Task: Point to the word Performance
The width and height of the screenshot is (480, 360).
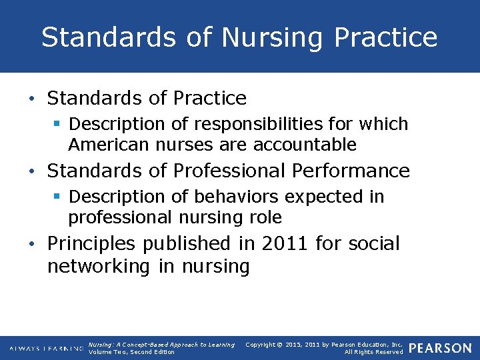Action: click(x=352, y=171)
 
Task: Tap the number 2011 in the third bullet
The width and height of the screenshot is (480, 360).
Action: click(x=285, y=243)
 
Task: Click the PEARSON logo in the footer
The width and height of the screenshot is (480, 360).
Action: click(x=440, y=348)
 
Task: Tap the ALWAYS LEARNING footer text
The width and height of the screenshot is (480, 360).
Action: click(x=45, y=348)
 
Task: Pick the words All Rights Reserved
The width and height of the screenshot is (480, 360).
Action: click(x=373, y=352)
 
